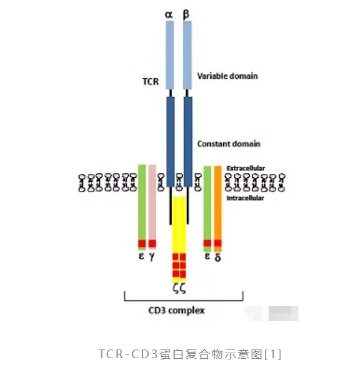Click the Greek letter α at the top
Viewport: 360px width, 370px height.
coord(169,12)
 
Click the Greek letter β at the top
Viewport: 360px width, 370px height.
coord(187,12)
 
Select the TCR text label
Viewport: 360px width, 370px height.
coord(149,81)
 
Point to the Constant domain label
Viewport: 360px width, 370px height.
coord(228,144)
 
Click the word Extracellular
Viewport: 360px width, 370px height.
coord(246,169)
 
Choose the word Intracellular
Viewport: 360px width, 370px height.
coord(245,198)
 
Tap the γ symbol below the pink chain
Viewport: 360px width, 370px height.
coord(152,257)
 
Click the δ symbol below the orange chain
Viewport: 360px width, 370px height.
coord(218,257)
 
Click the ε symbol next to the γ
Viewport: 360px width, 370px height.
coord(142,256)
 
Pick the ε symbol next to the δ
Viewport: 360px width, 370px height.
coord(208,256)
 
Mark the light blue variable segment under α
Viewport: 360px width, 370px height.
coord(170,56)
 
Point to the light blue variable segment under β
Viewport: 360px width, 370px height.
coord(187,56)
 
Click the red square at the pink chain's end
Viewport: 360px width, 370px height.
coord(152,243)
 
